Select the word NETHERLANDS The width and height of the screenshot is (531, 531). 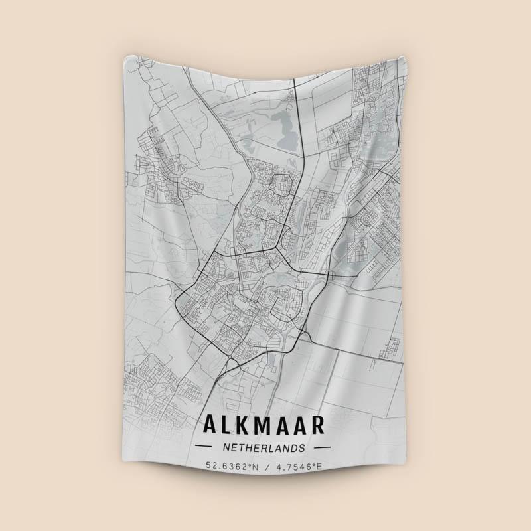pos(265,448)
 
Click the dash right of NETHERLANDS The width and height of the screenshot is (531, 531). pos(325,448)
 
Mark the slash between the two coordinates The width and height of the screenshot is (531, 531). pos(265,466)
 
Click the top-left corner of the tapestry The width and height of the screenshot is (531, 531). pos(125,57)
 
